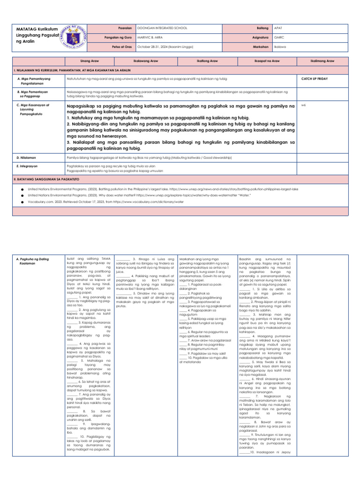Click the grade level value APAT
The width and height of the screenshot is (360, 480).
coord(278,28)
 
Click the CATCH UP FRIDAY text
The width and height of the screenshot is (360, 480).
coord(315,79)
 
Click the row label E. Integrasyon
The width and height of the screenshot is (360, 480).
coord(28,166)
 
